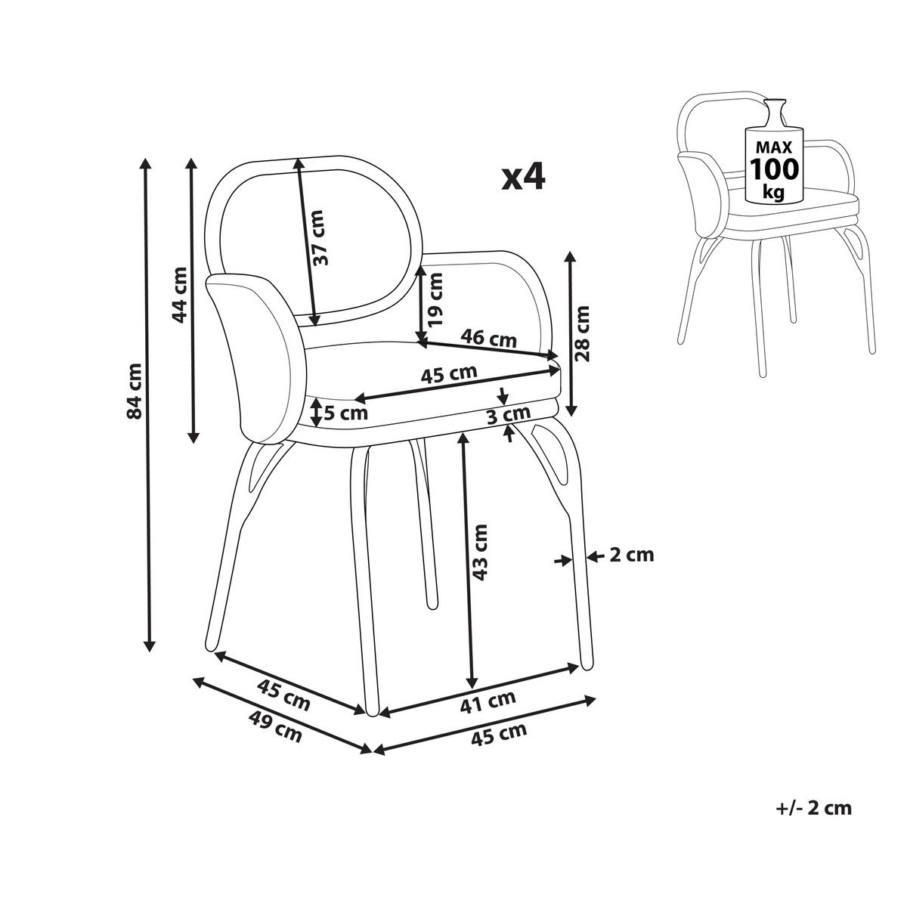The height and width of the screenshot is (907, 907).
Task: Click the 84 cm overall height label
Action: tap(135, 391)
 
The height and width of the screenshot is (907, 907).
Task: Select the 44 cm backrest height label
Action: tap(180, 294)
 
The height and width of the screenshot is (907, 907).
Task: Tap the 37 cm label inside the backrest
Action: tap(321, 237)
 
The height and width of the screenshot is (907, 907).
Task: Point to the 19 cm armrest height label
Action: tap(436, 299)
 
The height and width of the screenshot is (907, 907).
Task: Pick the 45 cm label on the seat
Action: tap(449, 373)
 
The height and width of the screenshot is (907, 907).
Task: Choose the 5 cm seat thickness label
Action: tap(345, 413)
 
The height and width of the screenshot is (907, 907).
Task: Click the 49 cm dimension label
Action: tap(274, 730)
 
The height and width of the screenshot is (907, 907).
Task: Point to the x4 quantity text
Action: tap(522, 178)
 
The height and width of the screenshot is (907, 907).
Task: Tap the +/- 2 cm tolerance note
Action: tap(813, 808)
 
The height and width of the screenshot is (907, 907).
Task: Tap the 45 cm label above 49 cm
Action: tap(283, 695)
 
